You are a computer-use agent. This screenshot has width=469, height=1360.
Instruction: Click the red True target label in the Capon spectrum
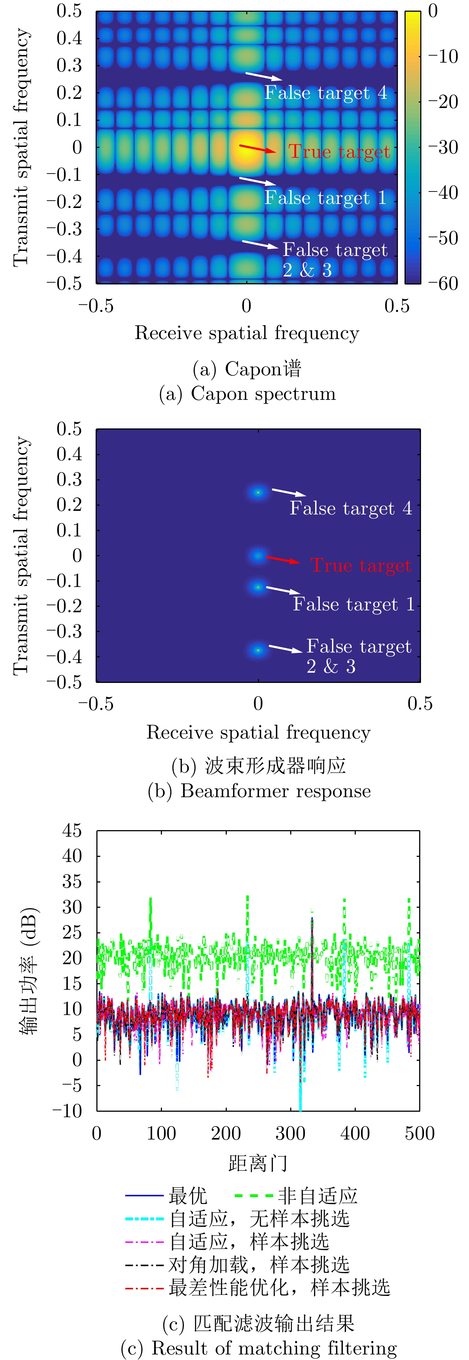[x=339, y=152]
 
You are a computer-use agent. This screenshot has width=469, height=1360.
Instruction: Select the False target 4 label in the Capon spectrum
[x=325, y=93]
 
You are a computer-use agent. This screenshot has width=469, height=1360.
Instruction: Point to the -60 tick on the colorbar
[x=443, y=283]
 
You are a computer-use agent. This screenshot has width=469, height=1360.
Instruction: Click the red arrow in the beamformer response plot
[x=283, y=560]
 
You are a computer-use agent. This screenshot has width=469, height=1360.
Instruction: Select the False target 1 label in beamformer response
[x=353, y=604]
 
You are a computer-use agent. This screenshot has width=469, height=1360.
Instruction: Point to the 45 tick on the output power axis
[x=72, y=831]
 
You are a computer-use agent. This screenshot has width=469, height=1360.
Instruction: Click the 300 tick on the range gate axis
[x=291, y=1133]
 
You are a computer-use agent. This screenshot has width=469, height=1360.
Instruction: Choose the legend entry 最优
[x=188, y=1196]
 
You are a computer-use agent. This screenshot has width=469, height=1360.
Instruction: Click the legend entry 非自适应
[x=317, y=1196]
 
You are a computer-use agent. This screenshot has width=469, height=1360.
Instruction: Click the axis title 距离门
[x=258, y=1163]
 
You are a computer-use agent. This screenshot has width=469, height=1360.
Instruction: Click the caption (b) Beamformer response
[x=259, y=791]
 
